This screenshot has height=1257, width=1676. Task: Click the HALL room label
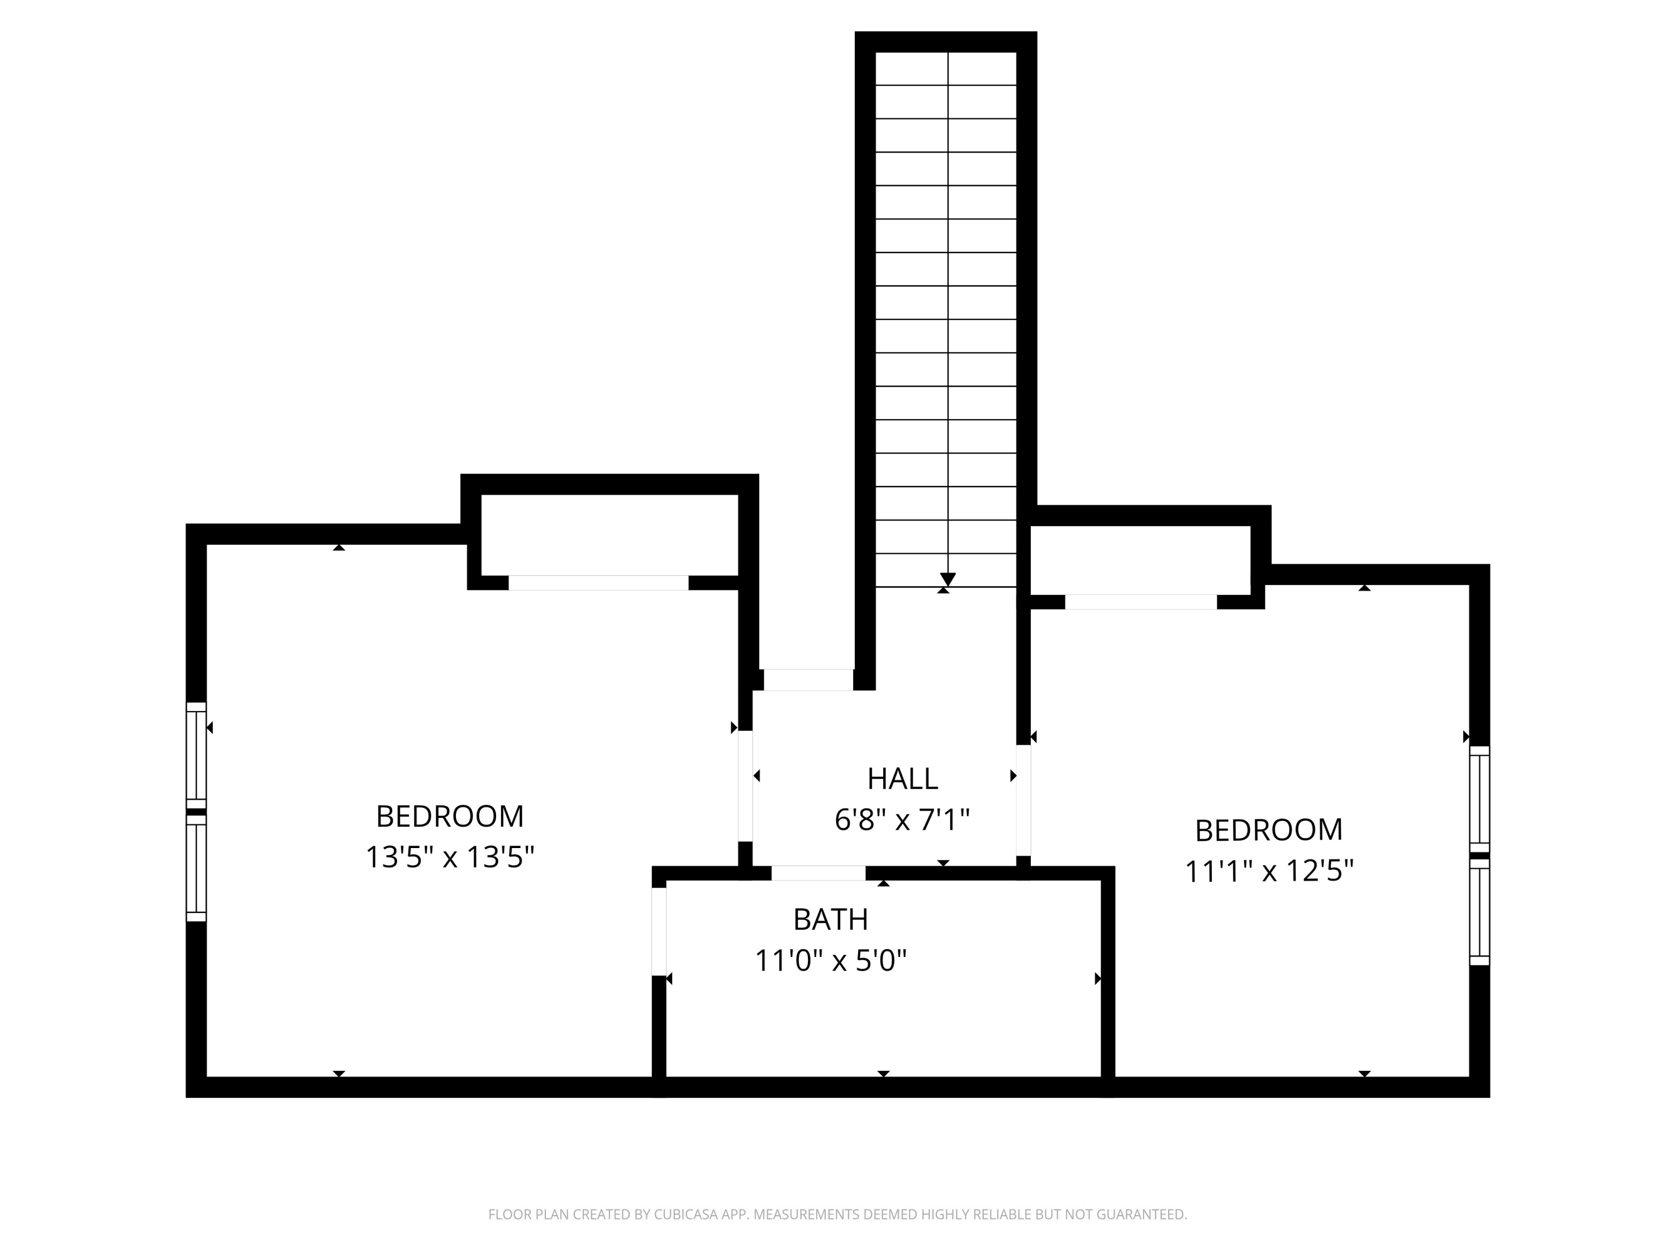(x=902, y=778)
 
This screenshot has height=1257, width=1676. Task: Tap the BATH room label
(x=830, y=919)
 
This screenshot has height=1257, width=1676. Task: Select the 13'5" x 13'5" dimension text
(x=450, y=857)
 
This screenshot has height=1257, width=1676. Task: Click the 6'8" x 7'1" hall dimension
(x=902, y=819)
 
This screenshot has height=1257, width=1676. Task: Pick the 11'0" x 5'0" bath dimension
(x=830, y=961)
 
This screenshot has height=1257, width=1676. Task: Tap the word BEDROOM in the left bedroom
(x=450, y=816)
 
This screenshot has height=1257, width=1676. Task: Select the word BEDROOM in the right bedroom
(x=1269, y=830)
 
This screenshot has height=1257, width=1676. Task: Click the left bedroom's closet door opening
(x=598, y=583)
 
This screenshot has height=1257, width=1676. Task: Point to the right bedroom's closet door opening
(x=1141, y=602)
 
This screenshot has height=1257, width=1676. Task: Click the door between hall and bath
(x=818, y=873)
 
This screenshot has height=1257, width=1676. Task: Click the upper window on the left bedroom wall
(x=196, y=755)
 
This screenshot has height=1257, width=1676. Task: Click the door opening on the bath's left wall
(x=659, y=931)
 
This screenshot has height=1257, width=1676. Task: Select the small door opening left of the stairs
(x=808, y=680)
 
